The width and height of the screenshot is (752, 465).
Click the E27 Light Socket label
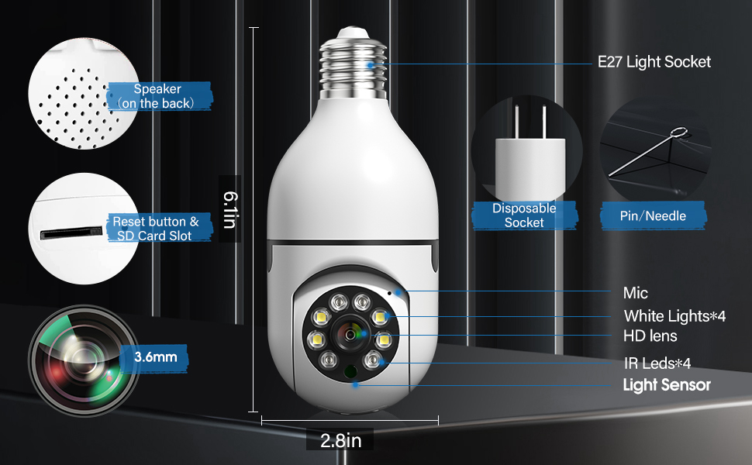click(x=654, y=62)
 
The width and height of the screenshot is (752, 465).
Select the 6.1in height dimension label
click(x=229, y=209)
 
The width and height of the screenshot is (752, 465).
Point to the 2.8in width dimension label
click(x=341, y=441)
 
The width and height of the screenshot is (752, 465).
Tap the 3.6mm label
click(x=155, y=357)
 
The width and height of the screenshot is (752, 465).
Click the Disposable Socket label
click(x=524, y=215)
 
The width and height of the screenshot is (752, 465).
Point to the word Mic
click(x=635, y=293)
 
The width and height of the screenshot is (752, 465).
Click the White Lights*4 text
click(x=674, y=315)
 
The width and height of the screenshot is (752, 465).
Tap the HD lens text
click(x=650, y=336)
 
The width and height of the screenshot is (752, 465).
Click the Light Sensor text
click(x=667, y=384)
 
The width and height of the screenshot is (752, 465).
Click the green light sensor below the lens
click(x=350, y=372)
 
